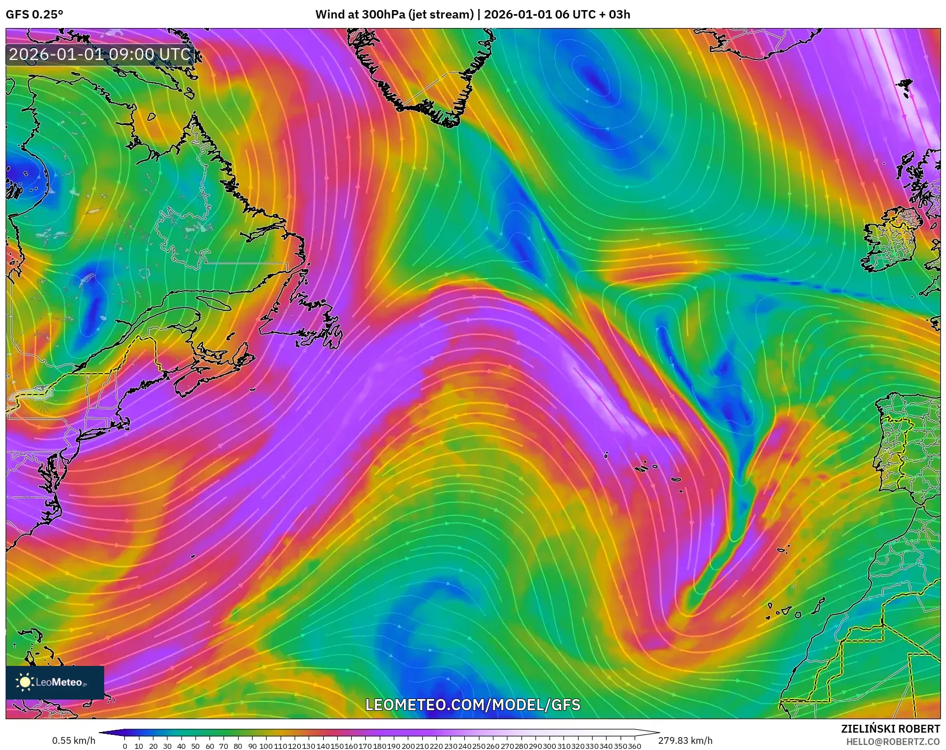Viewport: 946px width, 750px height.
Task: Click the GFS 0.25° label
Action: tap(35, 15)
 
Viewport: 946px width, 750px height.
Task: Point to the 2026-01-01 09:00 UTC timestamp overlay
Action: tap(100, 54)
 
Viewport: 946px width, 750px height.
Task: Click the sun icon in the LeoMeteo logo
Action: tap(25, 682)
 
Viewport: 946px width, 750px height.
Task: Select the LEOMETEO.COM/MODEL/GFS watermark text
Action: tap(473, 705)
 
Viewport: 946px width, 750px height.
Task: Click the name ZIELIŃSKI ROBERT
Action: tap(890, 729)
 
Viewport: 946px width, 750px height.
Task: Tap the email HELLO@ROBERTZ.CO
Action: tap(893, 741)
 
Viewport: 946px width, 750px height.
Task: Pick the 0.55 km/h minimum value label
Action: tap(73, 740)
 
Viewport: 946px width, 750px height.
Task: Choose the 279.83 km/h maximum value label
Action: tap(685, 740)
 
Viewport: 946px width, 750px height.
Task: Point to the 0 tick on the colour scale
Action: tap(124, 746)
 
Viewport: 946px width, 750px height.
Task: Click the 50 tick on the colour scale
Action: tap(195, 746)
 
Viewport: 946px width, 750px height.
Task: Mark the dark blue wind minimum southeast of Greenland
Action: tap(594, 81)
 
